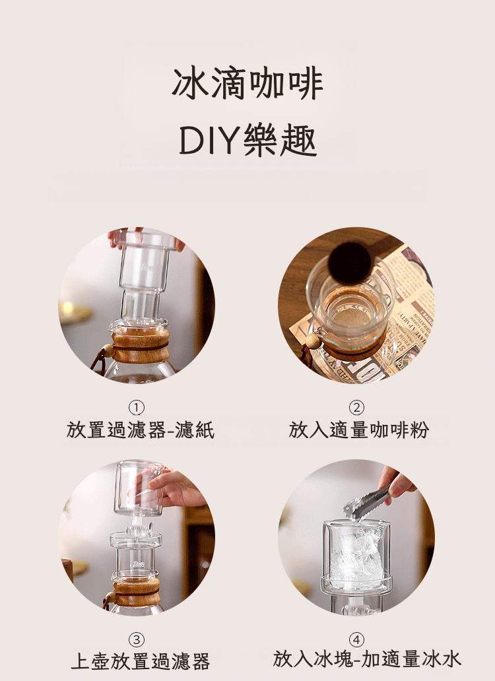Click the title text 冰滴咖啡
coord(247,84)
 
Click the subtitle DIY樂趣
coord(247,140)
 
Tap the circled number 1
coord(137,408)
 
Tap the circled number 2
coord(356,408)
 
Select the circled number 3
coord(137,639)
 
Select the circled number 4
coord(356,639)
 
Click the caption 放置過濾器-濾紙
coord(140,430)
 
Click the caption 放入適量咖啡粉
coord(358,430)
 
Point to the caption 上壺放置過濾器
coord(140,661)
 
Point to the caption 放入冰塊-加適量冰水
coord(367,659)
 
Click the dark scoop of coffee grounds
coord(349,263)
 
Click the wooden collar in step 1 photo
coord(140,346)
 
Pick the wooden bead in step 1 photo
coord(107,350)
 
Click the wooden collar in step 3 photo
coord(137,593)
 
